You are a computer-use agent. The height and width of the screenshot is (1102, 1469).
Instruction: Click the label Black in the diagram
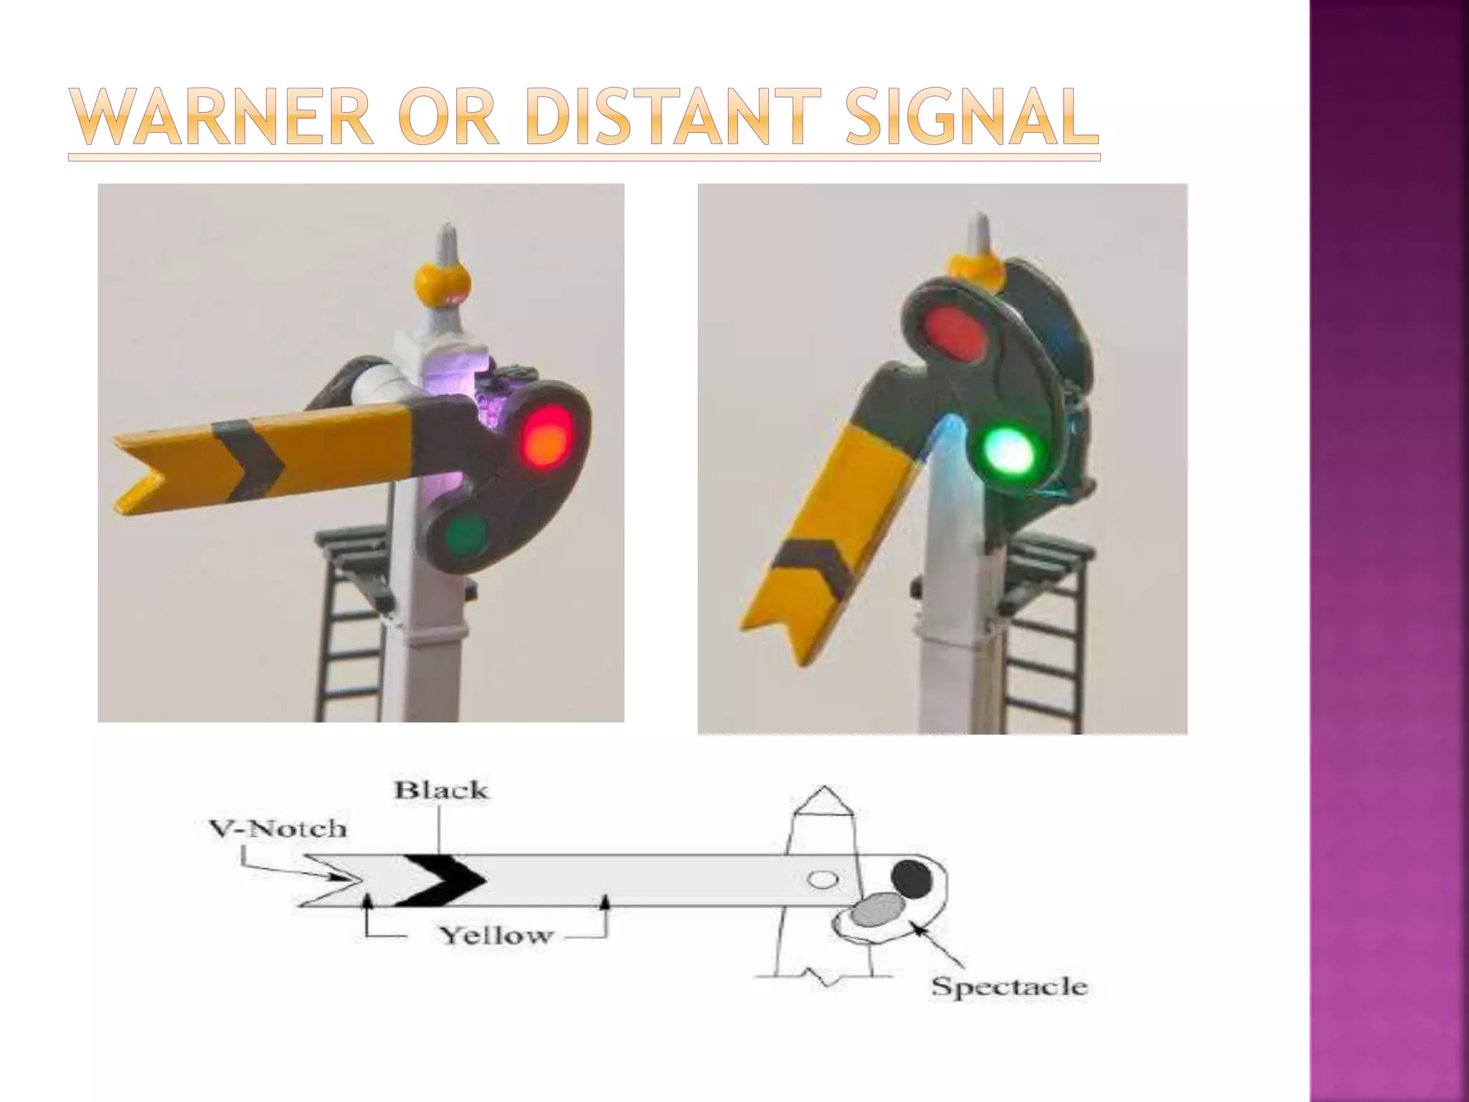pos(440,791)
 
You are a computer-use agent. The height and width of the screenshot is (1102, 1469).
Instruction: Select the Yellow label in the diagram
pos(496,936)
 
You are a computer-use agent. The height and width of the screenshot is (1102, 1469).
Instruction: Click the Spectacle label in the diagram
pos(1009,986)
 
